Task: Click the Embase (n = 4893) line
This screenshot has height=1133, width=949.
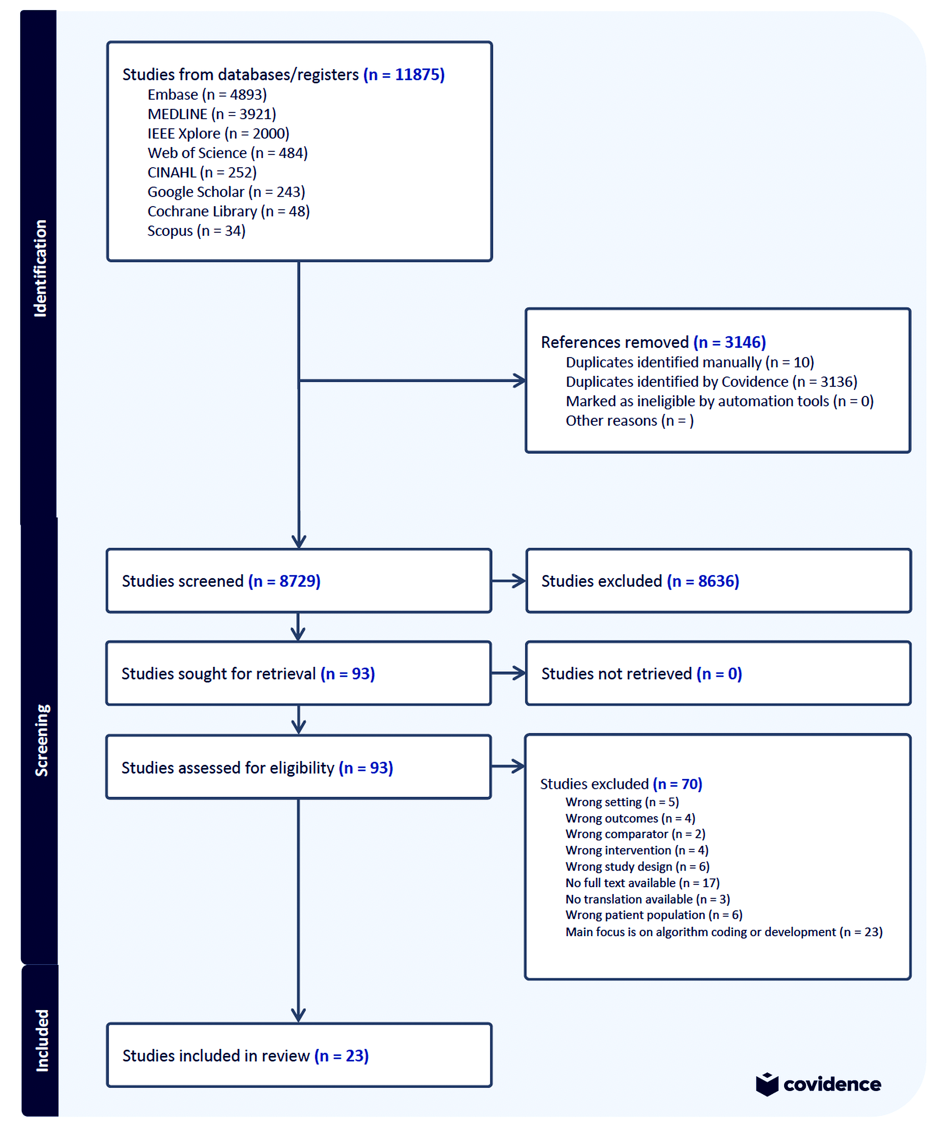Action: (x=207, y=95)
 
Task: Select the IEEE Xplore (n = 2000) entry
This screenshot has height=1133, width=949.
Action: (x=218, y=134)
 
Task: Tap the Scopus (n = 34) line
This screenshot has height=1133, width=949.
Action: (x=196, y=231)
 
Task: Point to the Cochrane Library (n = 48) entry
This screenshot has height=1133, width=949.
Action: (x=229, y=212)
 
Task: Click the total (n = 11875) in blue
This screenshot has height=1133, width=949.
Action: (x=404, y=74)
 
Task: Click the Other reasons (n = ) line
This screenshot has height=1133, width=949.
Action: (x=629, y=421)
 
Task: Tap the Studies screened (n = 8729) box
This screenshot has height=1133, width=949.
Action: (x=299, y=581)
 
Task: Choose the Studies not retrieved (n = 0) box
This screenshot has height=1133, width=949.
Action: (x=718, y=673)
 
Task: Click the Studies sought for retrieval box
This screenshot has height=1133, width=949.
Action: (x=299, y=673)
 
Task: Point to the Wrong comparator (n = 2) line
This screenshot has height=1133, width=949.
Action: (x=635, y=834)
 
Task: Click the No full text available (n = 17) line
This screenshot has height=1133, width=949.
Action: (x=642, y=883)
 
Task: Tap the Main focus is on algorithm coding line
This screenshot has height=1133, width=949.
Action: (x=723, y=932)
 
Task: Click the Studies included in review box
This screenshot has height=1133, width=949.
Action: (x=299, y=1055)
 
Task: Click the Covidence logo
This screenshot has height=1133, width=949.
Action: (x=818, y=1084)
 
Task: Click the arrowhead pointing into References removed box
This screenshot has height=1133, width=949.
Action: (x=520, y=381)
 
